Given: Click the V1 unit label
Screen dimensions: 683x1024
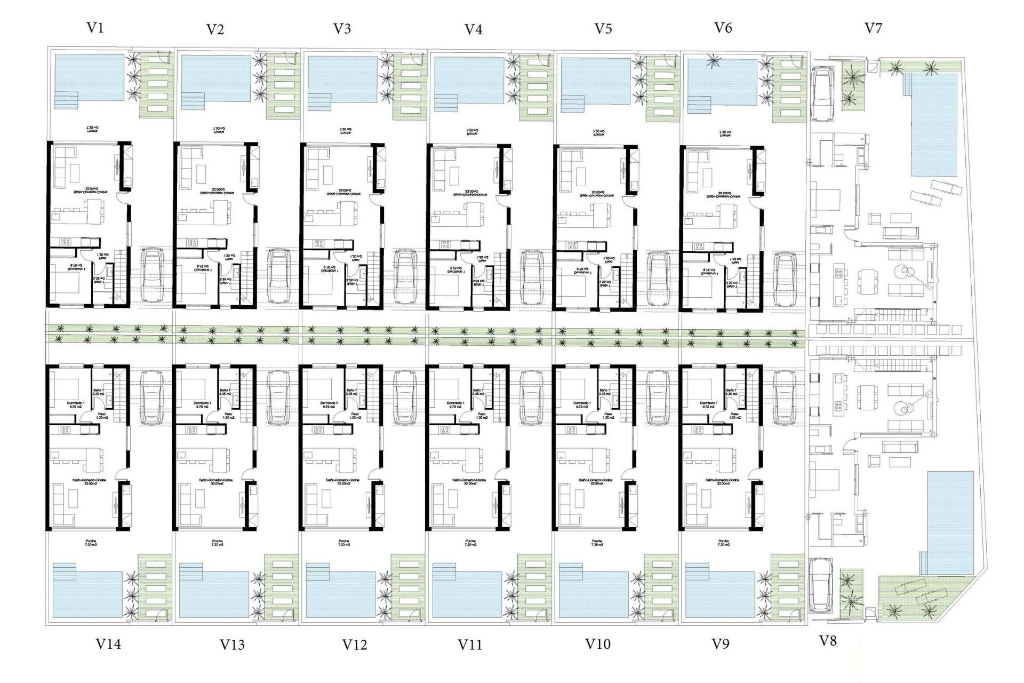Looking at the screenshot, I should (x=95, y=28).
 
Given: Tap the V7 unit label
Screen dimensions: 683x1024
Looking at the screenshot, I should (x=873, y=28).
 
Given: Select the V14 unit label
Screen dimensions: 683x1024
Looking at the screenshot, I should (x=108, y=644).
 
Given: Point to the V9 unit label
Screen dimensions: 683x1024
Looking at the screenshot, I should (x=721, y=644).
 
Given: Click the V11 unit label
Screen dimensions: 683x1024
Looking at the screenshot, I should (x=470, y=645).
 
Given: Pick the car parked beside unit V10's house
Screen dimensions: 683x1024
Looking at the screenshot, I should (x=658, y=398).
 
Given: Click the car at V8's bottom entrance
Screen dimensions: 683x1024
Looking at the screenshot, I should (x=820, y=585).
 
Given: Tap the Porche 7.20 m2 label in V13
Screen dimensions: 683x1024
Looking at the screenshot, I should (x=217, y=543).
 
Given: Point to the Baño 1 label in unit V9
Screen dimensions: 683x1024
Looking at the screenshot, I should (x=731, y=392).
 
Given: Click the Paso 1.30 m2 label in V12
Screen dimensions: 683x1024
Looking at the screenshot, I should (x=355, y=415).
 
